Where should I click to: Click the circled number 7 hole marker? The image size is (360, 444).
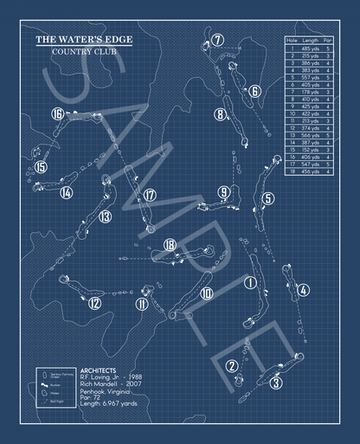pyautogui.click(x=218, y=40)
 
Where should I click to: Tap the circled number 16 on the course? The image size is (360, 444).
pyautogui.click(x=58, y=113)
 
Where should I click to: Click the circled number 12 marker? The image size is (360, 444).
pyautogui.click(x=94, y=303)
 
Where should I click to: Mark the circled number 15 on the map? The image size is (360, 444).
pyautogui.click(x=40, y=168)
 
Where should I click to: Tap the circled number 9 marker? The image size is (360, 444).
pyautogui.click(x=224, y=192)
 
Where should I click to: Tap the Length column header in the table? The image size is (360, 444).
pyautogui.click(x=311, y=42)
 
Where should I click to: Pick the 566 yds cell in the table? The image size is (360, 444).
pyautogui.click(x=311, y=136)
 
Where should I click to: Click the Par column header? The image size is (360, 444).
pyautogui.click(x=331, y=42)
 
